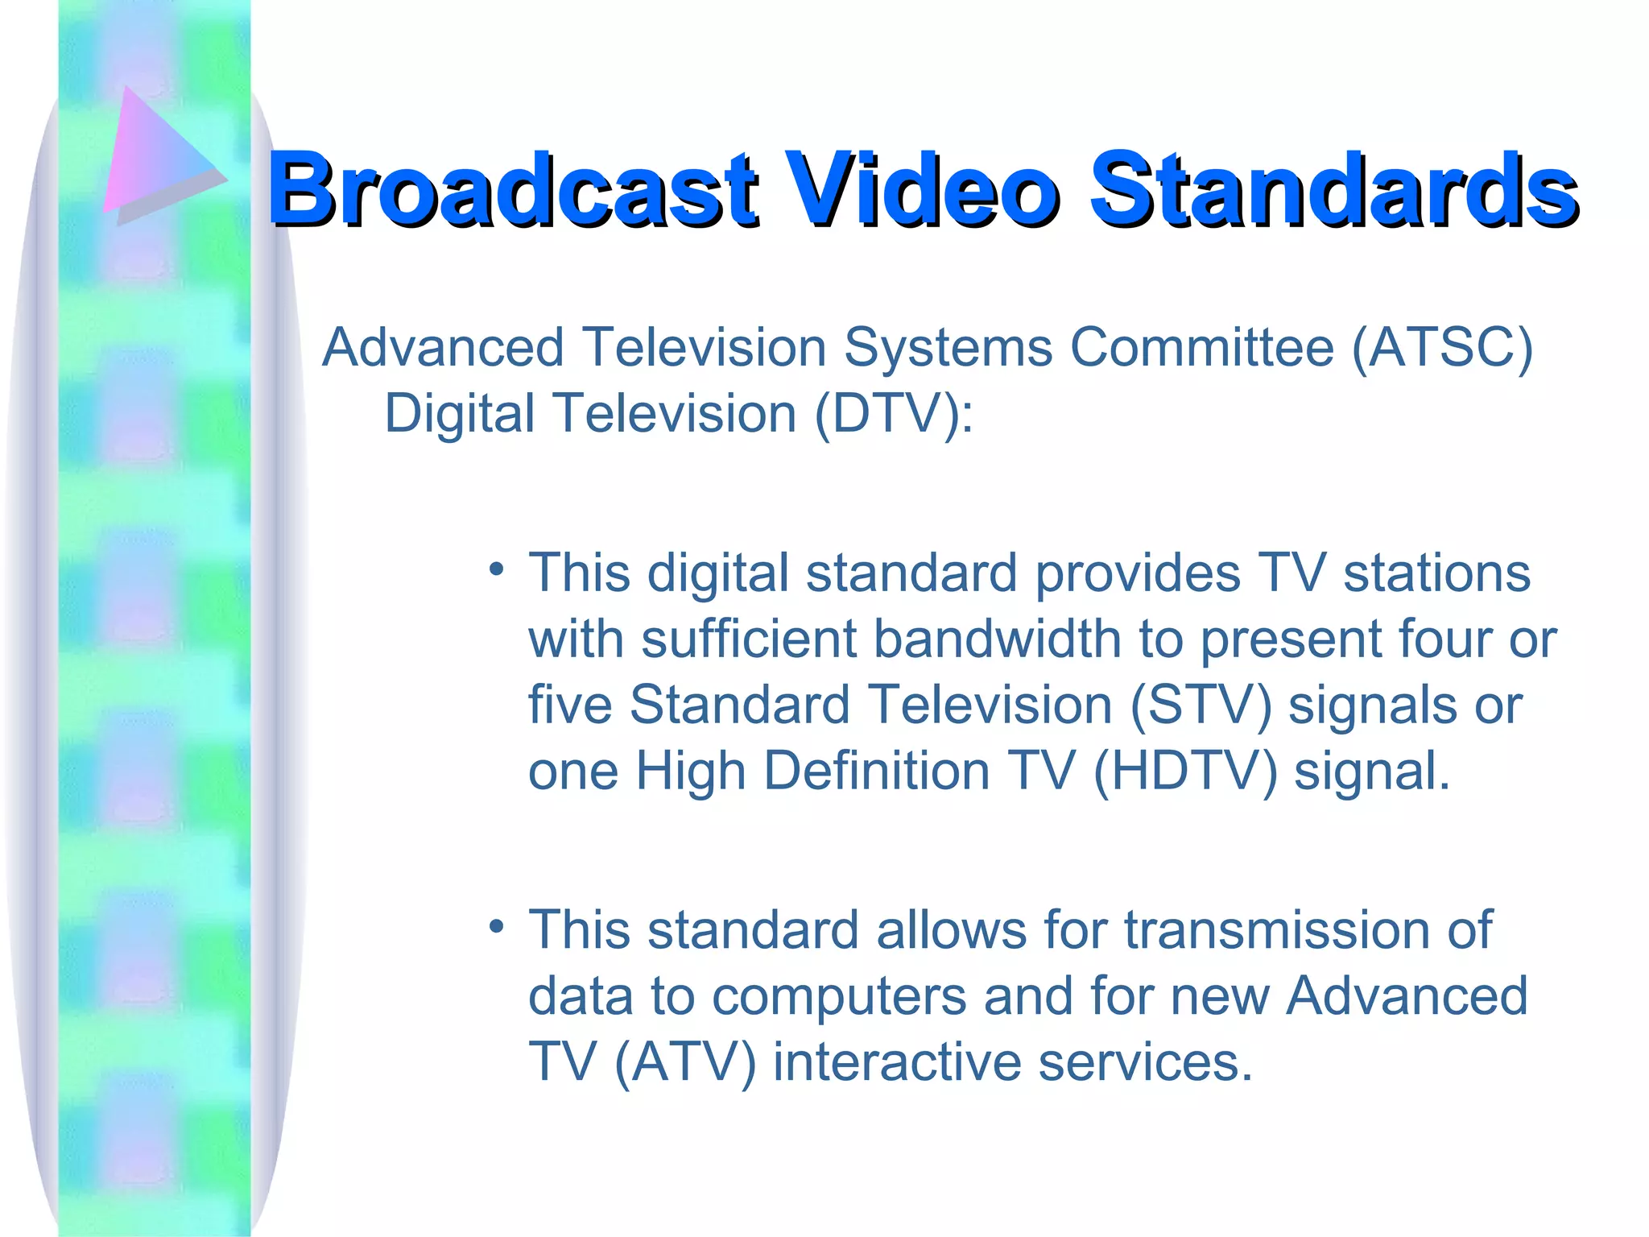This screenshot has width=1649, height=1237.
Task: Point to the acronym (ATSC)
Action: click(x=1442, y=348)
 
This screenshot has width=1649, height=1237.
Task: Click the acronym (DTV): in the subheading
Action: click(x=894, y=414)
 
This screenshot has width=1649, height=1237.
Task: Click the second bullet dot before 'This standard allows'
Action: click(x=497, y=927)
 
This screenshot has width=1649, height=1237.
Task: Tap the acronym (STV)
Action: click(x=1201, y=705)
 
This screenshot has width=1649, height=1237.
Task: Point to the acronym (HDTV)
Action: click(x=1184, y=772)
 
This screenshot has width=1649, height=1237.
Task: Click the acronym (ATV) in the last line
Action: click(x=685, y=1062)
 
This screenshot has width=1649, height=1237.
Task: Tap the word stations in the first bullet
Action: click(x=1436, y=573)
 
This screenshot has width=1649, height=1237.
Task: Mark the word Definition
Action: click(x=877, y=772)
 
